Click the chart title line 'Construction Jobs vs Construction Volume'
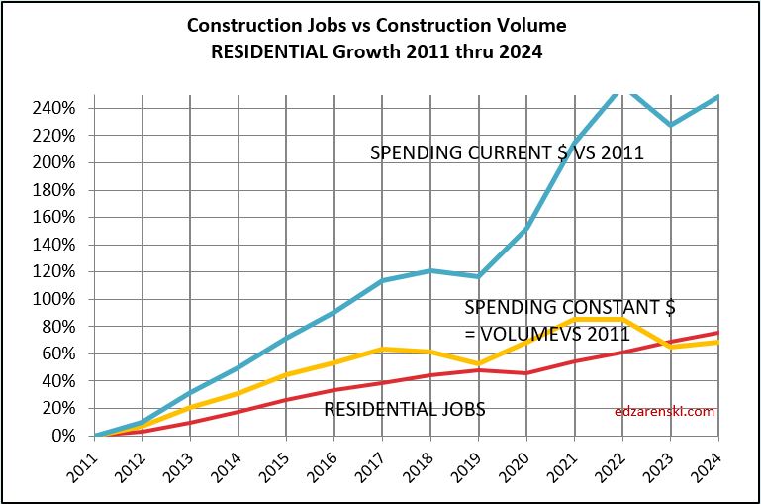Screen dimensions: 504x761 (x=379, y=24)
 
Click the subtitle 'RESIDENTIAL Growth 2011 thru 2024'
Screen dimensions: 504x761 (x=379, y=49)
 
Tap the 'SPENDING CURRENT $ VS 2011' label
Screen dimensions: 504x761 (x=507, y=152)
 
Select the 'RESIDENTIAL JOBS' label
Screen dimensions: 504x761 (x=405, y=408)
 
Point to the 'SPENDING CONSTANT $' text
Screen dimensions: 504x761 (x=569, y=308)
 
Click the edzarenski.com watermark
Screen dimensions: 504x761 (x=664, y=411)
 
